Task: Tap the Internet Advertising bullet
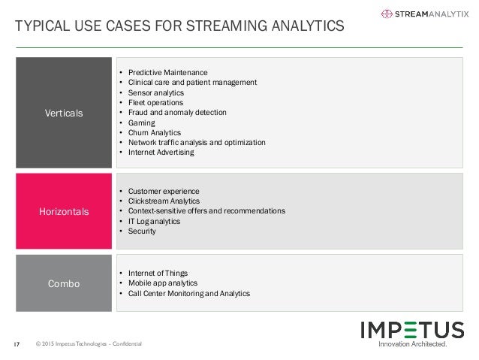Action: point(161,152)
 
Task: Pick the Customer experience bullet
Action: point(161,191)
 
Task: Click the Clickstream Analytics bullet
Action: point(164,201)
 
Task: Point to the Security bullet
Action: point(142,231)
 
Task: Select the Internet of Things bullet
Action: point(158,273)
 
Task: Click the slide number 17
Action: point(17,344)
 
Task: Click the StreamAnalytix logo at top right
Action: point(423,13)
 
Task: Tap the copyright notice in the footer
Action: point(88,344)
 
